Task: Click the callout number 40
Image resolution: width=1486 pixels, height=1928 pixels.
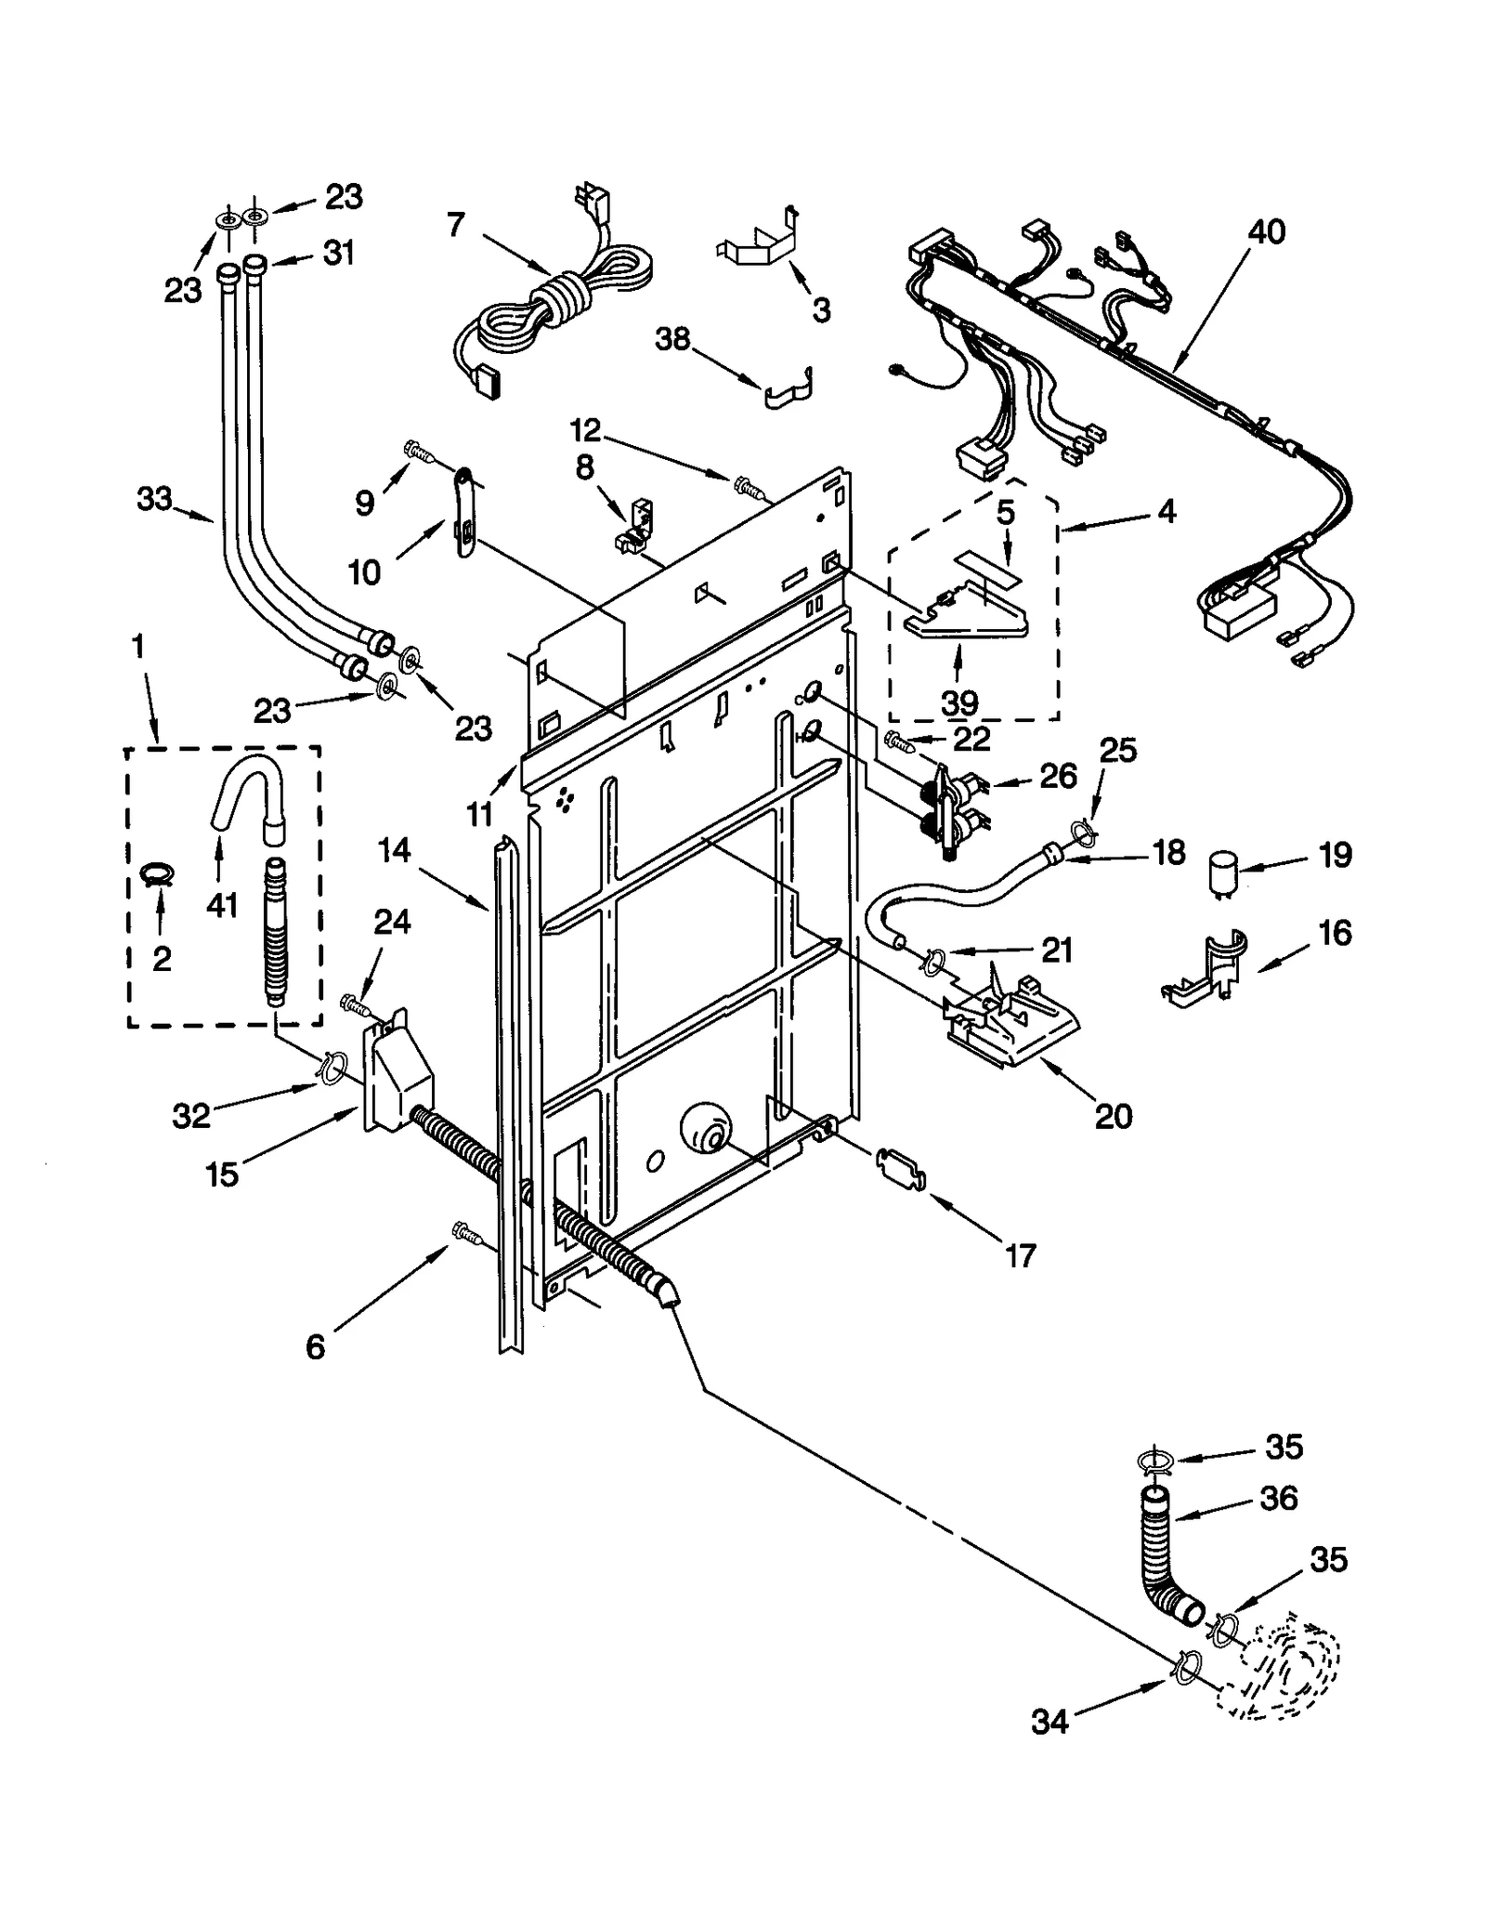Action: click(1266, 231)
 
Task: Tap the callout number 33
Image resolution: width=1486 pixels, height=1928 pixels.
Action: click(154, 499)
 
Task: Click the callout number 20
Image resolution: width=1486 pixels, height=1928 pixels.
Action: click(1114, 1115)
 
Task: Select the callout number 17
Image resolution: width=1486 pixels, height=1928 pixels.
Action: click(1020, 1256)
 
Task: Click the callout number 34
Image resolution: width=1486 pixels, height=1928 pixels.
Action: click(1049, 1722)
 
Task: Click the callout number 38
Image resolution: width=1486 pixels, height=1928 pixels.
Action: click(672, 339)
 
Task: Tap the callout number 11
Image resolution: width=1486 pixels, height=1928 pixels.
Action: click(478, 814)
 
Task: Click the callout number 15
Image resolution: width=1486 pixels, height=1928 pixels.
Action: click(222, 1174)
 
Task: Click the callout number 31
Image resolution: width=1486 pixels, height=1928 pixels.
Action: click(338, 253)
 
